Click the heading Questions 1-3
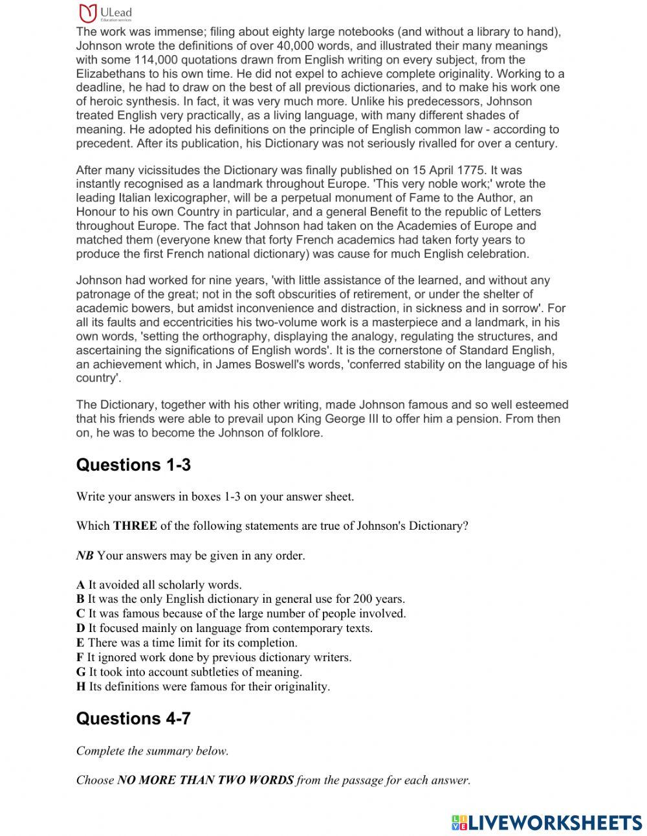(x=133, y=465)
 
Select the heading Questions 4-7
(x=133, y=719)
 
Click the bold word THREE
(x=135, y=526)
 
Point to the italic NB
(x=84, y=556)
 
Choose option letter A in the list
(x=80, y=585)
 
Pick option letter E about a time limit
(x=80, y=643)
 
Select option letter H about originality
(x=81, y=686)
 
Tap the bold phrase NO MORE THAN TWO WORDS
(x=205, y=780)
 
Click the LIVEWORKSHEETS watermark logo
(x=547, y=822)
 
